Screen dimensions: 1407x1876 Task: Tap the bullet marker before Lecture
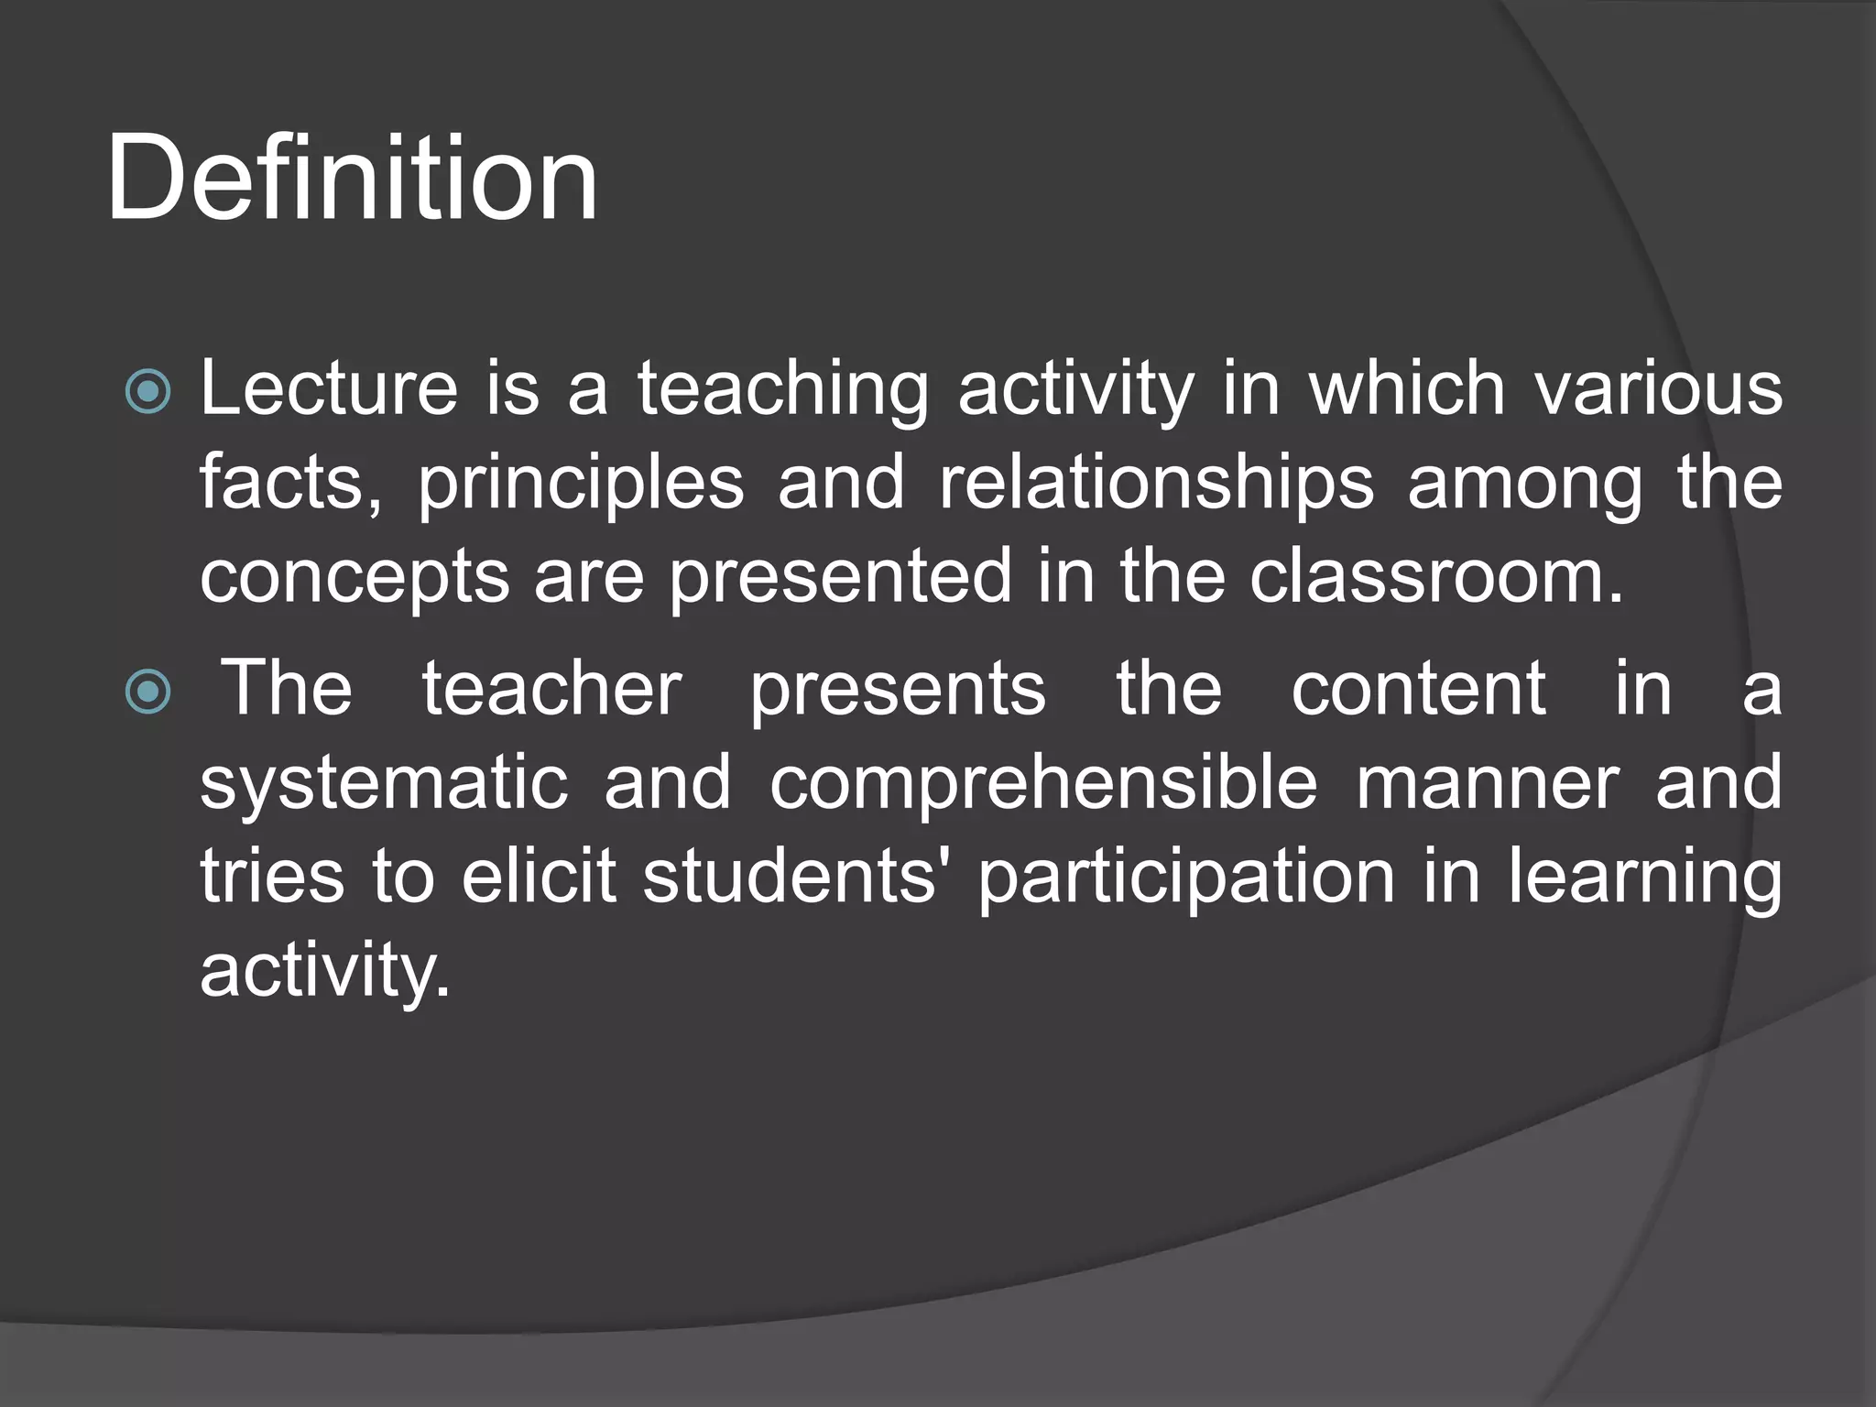[x=147, y=392]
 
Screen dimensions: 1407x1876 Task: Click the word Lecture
[x=329, y=388]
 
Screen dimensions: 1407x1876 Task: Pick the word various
[x=1659, y=388]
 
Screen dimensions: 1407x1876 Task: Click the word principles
[x=581, y=484]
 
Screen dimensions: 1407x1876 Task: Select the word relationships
[x=1156, y=484]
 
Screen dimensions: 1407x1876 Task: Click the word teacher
[x=551, y=689]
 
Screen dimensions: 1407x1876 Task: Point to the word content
[x=1419, y=689]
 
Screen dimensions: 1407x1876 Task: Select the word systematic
[x=385, y=784]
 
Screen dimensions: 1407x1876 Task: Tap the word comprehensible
[x=1043, y=784]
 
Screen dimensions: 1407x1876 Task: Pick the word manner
[x=1488, y=784]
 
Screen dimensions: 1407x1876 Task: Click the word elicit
[x=539, y=877]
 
